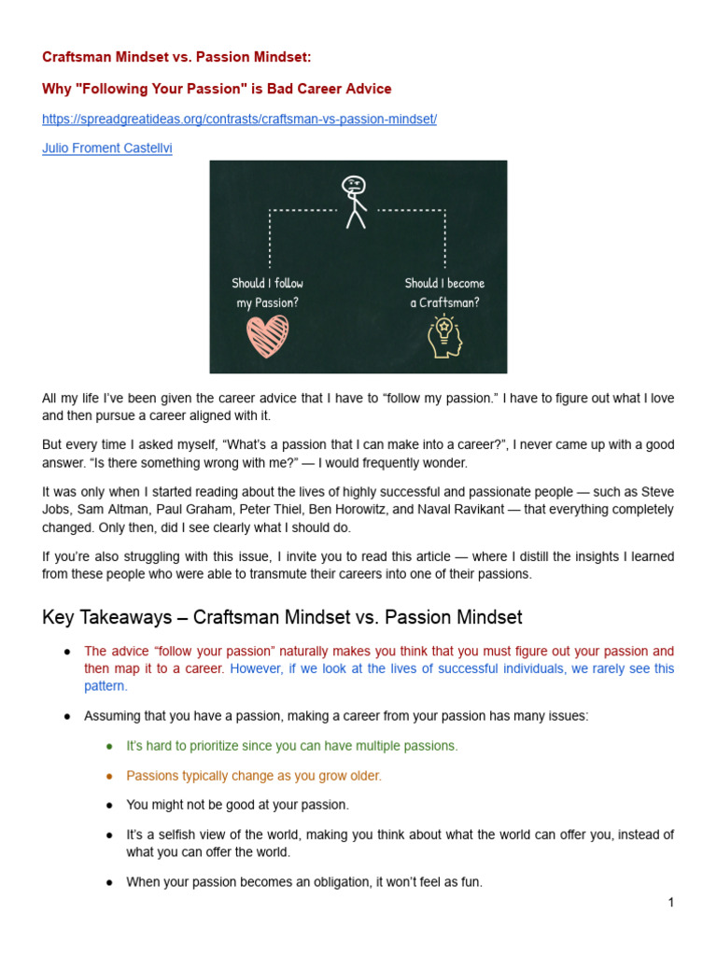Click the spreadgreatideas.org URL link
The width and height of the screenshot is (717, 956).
239,119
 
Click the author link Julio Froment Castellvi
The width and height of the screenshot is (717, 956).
106,148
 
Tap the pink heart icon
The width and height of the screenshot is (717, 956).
268,336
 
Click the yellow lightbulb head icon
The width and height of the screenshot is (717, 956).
445,336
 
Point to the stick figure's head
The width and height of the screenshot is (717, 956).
354,187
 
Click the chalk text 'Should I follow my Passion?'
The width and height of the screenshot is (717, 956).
268,292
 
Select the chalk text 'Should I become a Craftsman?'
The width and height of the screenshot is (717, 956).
445,292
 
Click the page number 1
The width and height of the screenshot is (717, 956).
670,902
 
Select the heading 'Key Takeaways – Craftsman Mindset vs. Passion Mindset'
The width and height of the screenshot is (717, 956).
282,617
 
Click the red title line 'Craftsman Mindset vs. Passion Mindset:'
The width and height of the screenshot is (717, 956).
176,57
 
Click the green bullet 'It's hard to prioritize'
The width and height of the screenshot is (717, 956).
292,746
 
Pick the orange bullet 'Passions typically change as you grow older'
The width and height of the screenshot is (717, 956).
254,776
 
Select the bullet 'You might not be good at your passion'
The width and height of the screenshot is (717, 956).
237,805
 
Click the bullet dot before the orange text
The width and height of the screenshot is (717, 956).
109,776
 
